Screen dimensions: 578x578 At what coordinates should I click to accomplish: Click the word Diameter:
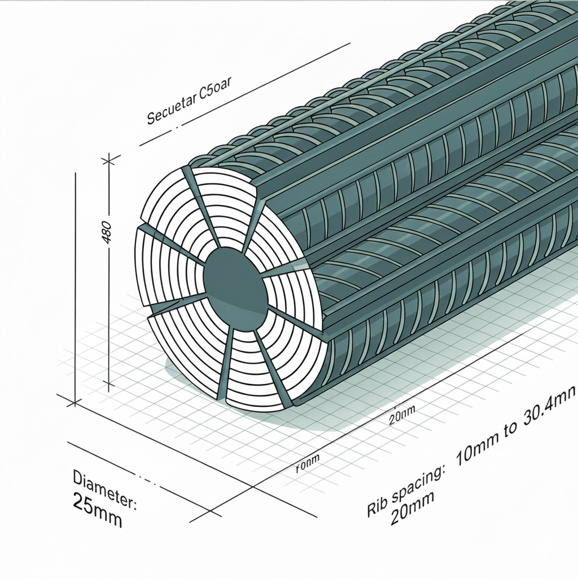click(104, 487)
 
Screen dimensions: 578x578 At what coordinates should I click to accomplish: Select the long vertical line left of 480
click(75, 282)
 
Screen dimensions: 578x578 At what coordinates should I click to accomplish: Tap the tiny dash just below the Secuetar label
click(177, 128)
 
